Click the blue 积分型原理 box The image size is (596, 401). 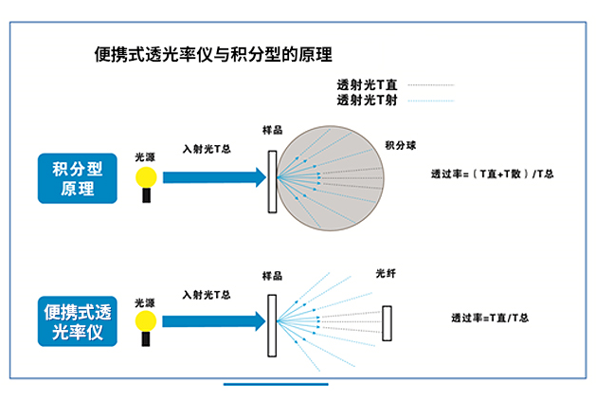tap(77, 177)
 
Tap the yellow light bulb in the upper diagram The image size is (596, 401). tap(145, 177)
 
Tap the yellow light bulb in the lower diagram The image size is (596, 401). tap(145, 317)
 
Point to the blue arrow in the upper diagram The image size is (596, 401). tap(212, 176)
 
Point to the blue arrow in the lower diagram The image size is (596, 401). tap(212, 317)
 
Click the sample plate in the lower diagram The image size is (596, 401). tap(273, 322)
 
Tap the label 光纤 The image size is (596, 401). tap(386, 275)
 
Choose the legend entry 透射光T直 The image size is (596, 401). tap(366, 84)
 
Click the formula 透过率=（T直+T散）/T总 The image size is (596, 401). tap(492, 173)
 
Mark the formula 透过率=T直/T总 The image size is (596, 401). tap(490, 319)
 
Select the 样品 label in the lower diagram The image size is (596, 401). tap(272, 276)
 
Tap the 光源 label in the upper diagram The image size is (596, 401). tap(144, 155)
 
